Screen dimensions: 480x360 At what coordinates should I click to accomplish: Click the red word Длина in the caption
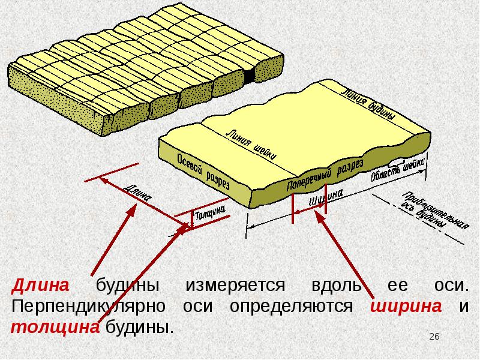(40, 286)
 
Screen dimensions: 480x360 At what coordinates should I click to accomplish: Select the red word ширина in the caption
(406, 307)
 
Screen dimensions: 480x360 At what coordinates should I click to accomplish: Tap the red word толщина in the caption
(55, 328)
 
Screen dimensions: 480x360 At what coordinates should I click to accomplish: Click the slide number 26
(434, 337)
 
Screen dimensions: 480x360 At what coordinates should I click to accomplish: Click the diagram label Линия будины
(368, 104)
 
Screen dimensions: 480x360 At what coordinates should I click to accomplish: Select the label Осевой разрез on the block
(203, 171)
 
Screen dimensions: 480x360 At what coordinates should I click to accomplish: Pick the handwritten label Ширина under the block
(326, 198)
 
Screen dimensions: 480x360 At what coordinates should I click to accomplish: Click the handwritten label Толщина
(210, 214)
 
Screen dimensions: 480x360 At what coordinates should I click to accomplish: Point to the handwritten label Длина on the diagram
(138, 193)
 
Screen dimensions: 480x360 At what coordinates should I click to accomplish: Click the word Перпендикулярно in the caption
(88, 307)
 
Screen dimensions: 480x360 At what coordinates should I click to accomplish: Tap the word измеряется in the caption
(235, 286)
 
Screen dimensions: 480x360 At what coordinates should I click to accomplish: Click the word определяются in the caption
(291, 307)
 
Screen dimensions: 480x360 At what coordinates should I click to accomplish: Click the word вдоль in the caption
(337, 285)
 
